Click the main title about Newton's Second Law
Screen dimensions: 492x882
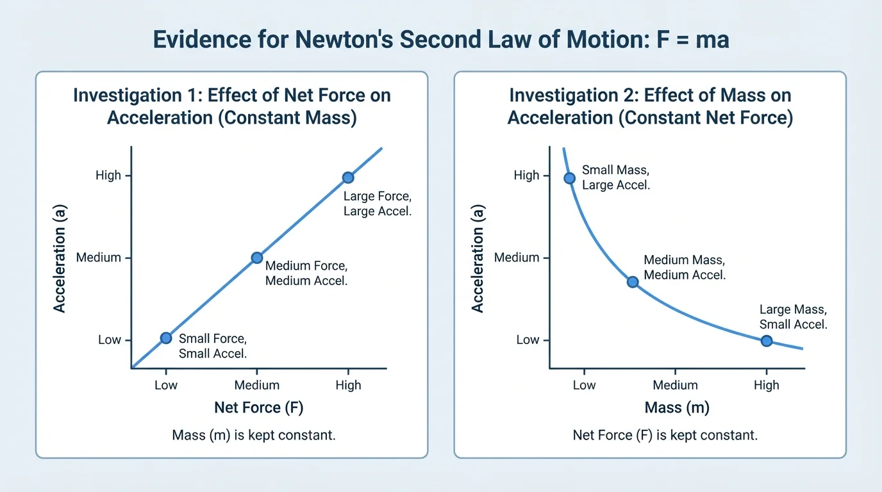point(441,40)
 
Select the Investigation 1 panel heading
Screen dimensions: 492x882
point(231,106)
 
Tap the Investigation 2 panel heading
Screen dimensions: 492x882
point(650,106)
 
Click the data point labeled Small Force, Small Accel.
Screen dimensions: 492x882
point(166,338)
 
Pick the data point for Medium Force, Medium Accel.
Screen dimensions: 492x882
point(256,258)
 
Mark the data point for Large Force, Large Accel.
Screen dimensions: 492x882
point(347,177)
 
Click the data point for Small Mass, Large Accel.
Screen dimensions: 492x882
point(569,178)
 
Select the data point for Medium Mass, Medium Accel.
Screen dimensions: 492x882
point(633,282)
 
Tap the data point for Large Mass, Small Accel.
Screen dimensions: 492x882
point(766,341)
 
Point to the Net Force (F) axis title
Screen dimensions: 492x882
point(256,407)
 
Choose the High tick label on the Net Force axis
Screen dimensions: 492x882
point(348,385)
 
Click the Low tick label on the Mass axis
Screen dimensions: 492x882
point(584,385)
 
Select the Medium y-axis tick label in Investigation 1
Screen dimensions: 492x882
point(98,258)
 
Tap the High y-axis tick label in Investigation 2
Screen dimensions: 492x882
point(526,176)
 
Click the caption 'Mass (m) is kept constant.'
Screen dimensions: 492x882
point(254,436)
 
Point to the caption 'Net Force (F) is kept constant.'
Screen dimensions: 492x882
point(665,436)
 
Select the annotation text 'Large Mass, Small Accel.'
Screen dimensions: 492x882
point(793,317)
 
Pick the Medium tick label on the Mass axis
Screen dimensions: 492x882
point(675,385)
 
